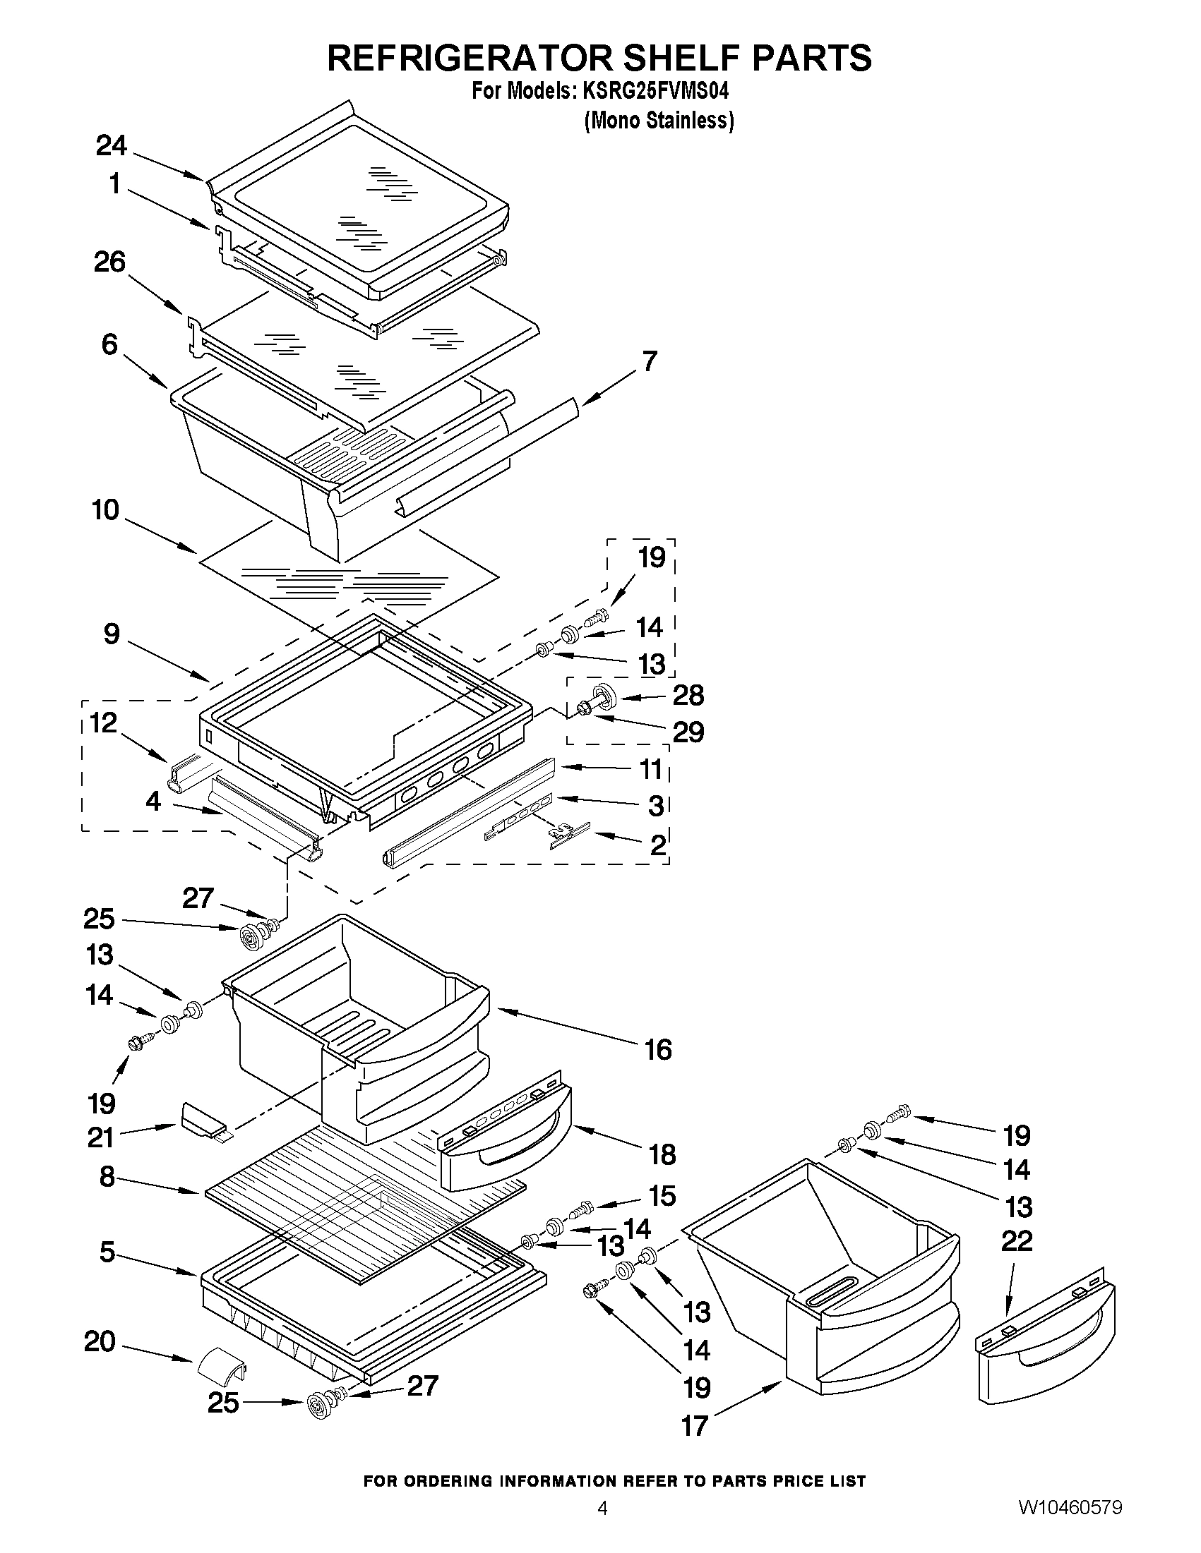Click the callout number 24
click(x=111, y=146)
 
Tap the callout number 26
click(x=109, y=262)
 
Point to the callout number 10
click(x=105, y=510)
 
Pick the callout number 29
click(x=688, y=732)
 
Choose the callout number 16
click(x=658, y=1049)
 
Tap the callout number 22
click(x=1017, y=1241)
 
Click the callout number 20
click(x=100, y=1342)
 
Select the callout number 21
click(x=100, y=1137)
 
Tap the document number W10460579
click(x=1070, y=1523)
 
